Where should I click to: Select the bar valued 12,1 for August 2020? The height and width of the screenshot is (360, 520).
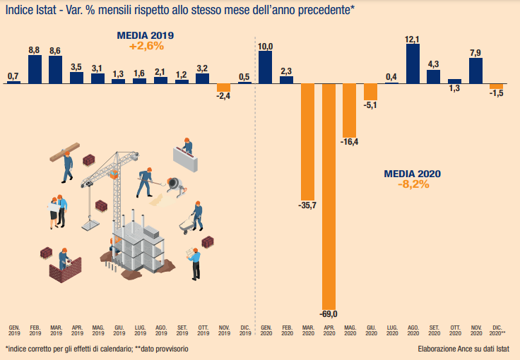tap(413, 64)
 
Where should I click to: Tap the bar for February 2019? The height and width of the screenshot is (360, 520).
tap(35, 69)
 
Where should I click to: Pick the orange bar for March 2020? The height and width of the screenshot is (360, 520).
tap(307, 141)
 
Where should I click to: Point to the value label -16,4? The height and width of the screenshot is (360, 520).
tap(350, 143)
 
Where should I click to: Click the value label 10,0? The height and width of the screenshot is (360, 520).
tap(266, 47)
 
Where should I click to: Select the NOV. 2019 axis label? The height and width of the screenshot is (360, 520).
tap(224, 330)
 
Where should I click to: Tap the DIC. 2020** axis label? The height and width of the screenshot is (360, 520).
tap(497, 330)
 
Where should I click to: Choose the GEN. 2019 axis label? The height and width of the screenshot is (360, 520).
tap(14, 330)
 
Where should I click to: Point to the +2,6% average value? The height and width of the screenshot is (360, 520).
tap(146, 46)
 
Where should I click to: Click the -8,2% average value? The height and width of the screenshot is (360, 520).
tap(413, 184)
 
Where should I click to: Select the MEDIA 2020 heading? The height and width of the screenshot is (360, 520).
tap(413, 174)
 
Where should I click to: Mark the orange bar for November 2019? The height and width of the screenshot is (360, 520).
tap(224, 88)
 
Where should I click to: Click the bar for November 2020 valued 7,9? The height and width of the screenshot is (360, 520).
tap(475, 71)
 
